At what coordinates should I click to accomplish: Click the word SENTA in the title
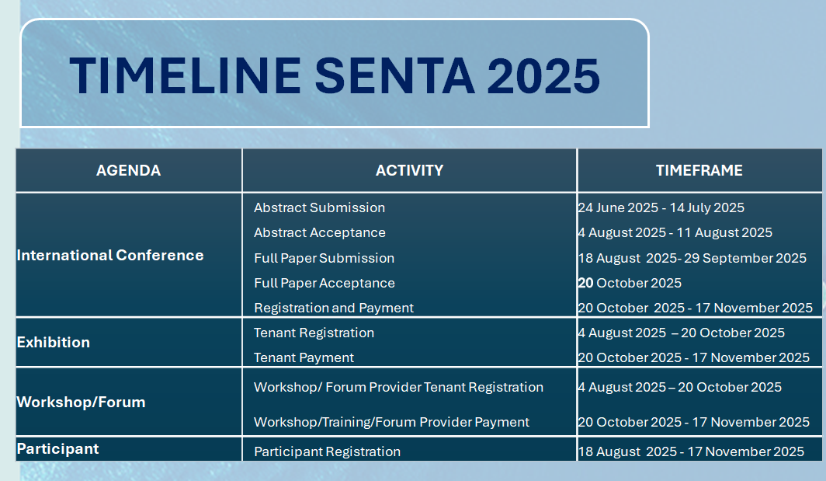[x=394, y=76]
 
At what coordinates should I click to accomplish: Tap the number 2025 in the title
[x=543, y=76]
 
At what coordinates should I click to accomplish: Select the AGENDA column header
[x=129, y=170]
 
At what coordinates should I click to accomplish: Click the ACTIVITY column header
[x=409, y=170]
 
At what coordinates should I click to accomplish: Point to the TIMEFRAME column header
[x=699, y=170]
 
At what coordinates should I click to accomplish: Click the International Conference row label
[x=110, y=256]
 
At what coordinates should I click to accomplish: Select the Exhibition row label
[x=54, y=342]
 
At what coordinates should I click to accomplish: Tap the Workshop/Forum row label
[x=81, y=402]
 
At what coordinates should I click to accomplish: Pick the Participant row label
[x=57, y=449]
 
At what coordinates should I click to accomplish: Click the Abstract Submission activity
[x=319, y=207]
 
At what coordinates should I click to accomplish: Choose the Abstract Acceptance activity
[x=320, y=232]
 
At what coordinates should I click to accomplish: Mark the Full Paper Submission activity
[x=324, y=258]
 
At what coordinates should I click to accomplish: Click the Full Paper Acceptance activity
[x=324, y=283]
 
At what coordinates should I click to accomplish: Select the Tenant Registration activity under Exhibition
[x=314, y=333]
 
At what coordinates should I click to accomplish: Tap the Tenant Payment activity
[x=304, y=357]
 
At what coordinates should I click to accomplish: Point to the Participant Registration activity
[x=327, y=451]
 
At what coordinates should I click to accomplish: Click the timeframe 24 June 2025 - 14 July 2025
[x=661, y=207]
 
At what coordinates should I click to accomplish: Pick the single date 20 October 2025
[x=630, y=283]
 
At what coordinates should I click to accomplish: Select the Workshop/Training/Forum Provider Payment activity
[x=391, y=422]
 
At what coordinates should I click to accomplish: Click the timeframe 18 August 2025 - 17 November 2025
[x=691, y=451]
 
